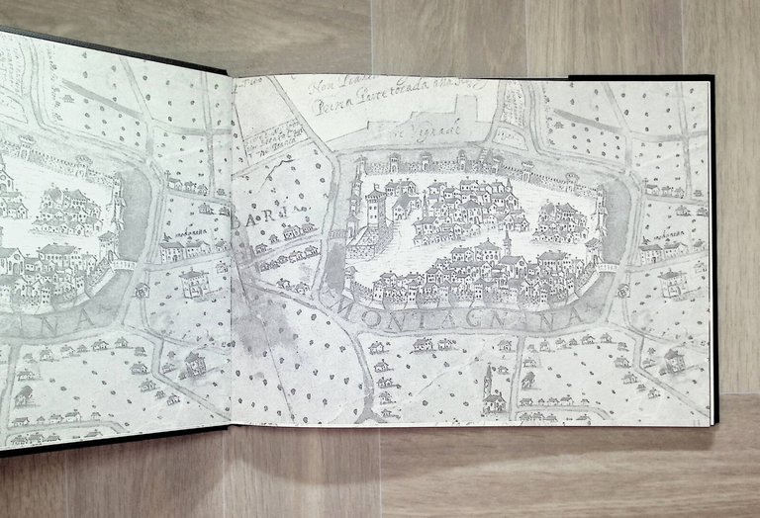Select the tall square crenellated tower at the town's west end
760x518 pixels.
pyautogui.click(x=375, y=210)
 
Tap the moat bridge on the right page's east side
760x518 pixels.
pyautogui.click(x=607, y=267)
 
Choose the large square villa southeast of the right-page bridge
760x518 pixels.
pyautogui.click(x=673, y=283)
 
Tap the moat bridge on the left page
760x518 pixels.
pyautogui.click(x=122, y=265)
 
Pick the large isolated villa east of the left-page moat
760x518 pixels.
pyautogui.click(x=194, y=283)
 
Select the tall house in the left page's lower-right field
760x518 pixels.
pyautogui.click(x=194, y=362)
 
